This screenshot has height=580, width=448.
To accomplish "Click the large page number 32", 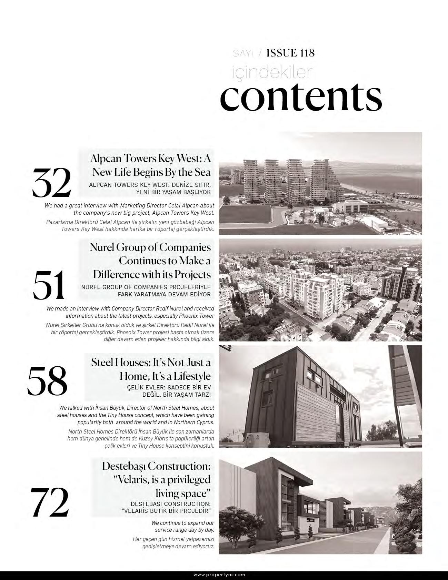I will pos(52,182).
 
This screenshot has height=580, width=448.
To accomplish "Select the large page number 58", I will pos(47,381).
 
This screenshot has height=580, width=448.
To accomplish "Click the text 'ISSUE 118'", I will pos(291,53).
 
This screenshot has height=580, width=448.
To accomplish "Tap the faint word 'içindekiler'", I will pos(272,72).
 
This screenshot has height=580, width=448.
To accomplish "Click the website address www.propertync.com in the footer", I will pos(219,574).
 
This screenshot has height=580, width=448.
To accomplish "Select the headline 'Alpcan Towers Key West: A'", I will pos(150,159).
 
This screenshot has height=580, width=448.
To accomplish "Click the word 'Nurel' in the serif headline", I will pos(102,247).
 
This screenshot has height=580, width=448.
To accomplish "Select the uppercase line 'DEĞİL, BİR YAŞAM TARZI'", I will pos(176,395).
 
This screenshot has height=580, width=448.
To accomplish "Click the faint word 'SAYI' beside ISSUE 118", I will pos(243,53).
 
